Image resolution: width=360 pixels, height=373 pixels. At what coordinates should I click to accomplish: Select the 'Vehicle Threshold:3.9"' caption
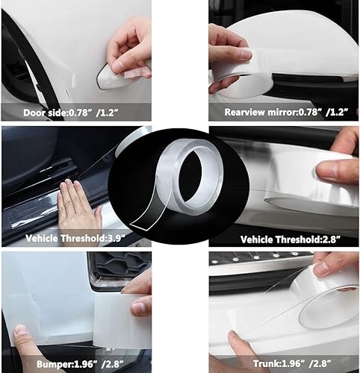(x=63, y=239)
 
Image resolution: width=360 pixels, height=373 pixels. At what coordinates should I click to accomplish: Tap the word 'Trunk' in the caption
(x=258, y=366)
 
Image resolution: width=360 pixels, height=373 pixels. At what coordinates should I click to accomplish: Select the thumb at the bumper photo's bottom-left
(x=22, y=332)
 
